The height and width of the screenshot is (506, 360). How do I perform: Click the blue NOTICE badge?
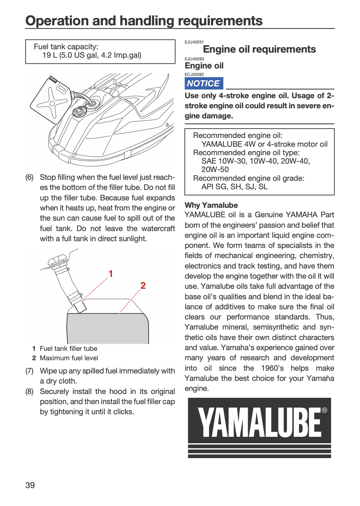(204, 83)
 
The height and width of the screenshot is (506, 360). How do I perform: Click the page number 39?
(30, 485)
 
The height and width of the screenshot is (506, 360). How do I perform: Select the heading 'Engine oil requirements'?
(259, 49)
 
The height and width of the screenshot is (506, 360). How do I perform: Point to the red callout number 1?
(111, 274)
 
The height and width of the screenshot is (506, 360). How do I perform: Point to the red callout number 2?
(143, 285)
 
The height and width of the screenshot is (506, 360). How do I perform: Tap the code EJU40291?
(194, 42)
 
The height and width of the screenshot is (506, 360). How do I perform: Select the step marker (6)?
(29, 177)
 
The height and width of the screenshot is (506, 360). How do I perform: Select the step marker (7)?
(29, 371)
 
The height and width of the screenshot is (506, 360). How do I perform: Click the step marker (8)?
(29, 391)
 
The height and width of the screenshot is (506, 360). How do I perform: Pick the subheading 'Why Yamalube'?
(211, 205)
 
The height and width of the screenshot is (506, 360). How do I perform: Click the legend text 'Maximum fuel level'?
(69, 358)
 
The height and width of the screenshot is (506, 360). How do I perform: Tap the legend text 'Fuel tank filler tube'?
(68, 348)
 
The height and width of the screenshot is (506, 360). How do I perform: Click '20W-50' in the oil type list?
(215, 169)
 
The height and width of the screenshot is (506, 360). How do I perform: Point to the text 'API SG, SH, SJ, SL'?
(235, 187)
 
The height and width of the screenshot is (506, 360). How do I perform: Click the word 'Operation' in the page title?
(58, 21)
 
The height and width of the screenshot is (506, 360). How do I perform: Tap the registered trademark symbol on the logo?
(324, 410)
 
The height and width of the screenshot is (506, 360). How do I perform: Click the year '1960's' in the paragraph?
(272, 368)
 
